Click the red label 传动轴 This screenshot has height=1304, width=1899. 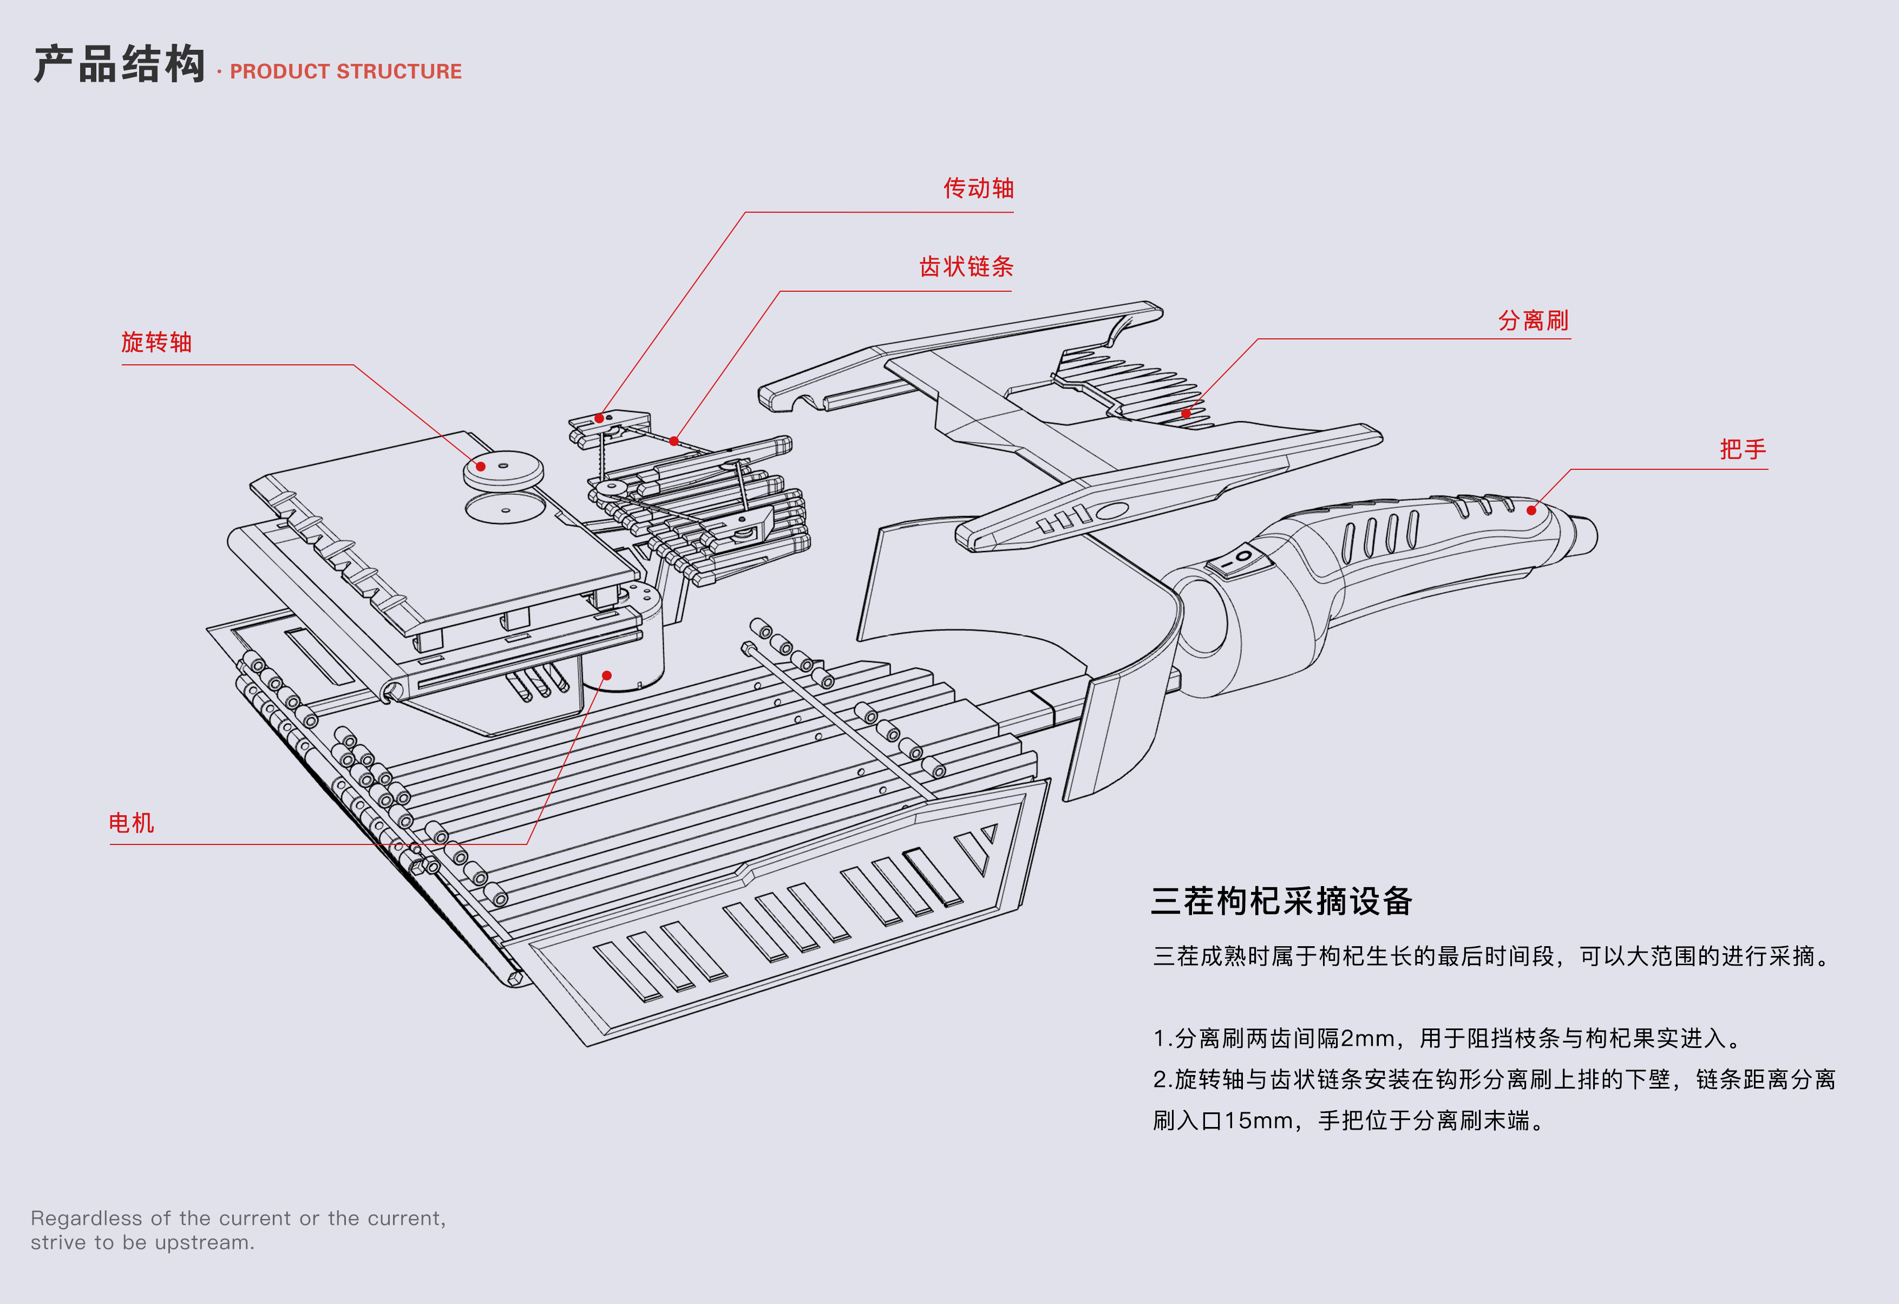(x=978, y=189)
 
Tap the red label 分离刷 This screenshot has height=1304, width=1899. (x=1533, y=320)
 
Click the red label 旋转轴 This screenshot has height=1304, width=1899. (x=156, y=342)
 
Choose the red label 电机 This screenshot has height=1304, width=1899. (x=132, y=823)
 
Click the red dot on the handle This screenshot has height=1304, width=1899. (x=1531, y=510)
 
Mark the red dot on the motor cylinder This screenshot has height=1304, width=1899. (x=606, y=676)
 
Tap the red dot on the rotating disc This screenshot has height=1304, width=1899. (x=481, y=467)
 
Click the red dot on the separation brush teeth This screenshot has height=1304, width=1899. (x=1186, y=414)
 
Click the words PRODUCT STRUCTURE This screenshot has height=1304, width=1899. (x=346, y=72)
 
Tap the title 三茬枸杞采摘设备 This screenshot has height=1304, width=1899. (x=1281, y=901)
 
